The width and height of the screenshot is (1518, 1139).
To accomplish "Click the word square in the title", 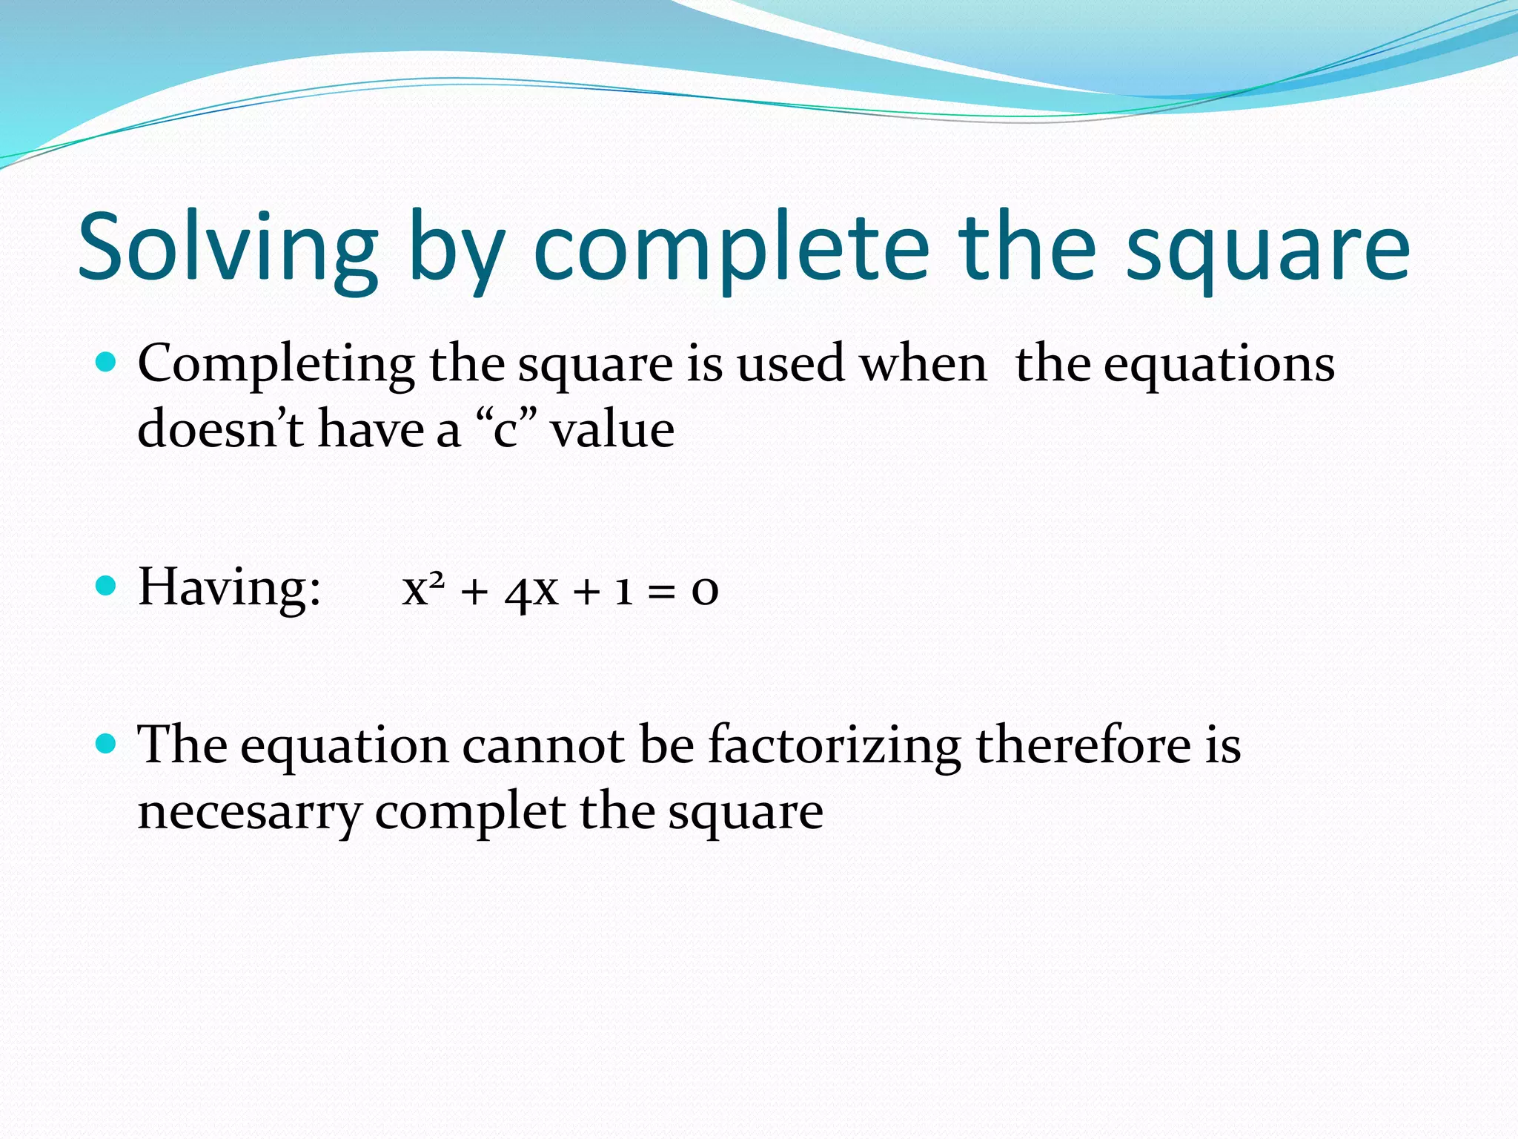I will click(x=1267, y=248).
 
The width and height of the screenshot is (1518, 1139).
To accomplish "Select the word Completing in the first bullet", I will click(x=276, y=365).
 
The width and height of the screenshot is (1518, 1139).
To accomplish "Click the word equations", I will click(x=1219, y=365).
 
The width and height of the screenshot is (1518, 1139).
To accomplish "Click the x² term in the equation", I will click(x=423, y=590).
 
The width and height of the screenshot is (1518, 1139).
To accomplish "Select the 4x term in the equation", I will click(x=531, y=591).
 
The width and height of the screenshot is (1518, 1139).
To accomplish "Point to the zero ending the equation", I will click(x=705, y=591).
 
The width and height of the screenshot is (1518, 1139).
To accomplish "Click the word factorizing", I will click(x=834, y=745).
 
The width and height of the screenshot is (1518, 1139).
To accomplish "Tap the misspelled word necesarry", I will click(x=249, y=811).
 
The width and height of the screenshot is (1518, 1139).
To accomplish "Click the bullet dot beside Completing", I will click(x=107, y=362).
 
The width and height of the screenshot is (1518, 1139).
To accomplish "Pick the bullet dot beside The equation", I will click(x=107, y=743).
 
